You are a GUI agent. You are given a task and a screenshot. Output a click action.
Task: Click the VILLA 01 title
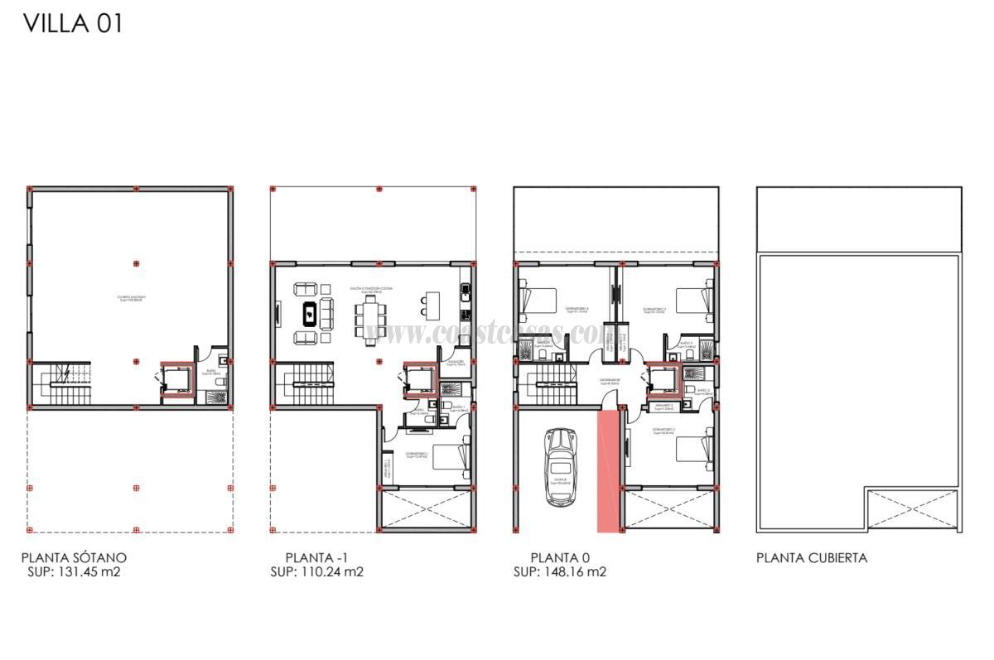click(73, 24)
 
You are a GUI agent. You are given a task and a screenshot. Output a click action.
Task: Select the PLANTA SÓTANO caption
click(74, 558)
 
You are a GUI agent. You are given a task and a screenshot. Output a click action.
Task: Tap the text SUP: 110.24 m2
click(316, 571)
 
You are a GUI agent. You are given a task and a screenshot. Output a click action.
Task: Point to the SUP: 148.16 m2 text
click(560, 571)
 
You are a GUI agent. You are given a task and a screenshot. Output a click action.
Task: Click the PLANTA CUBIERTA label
click(811, 558)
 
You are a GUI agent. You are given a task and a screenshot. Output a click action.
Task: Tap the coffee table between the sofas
click(308, 313)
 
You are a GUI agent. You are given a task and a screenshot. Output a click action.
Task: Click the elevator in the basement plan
click(176, 380)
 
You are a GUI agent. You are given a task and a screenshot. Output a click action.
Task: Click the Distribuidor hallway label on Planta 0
click(610, 382)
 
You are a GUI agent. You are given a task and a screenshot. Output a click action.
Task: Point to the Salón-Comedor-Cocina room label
click(371, 289)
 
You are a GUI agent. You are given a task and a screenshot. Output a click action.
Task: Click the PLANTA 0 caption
click(560, 558)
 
